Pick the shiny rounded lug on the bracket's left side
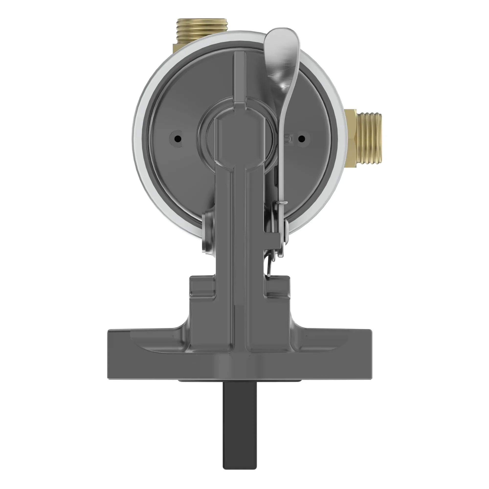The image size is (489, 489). click(x=208, y=233)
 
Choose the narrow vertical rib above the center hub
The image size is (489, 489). click(x=239, y=76)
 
